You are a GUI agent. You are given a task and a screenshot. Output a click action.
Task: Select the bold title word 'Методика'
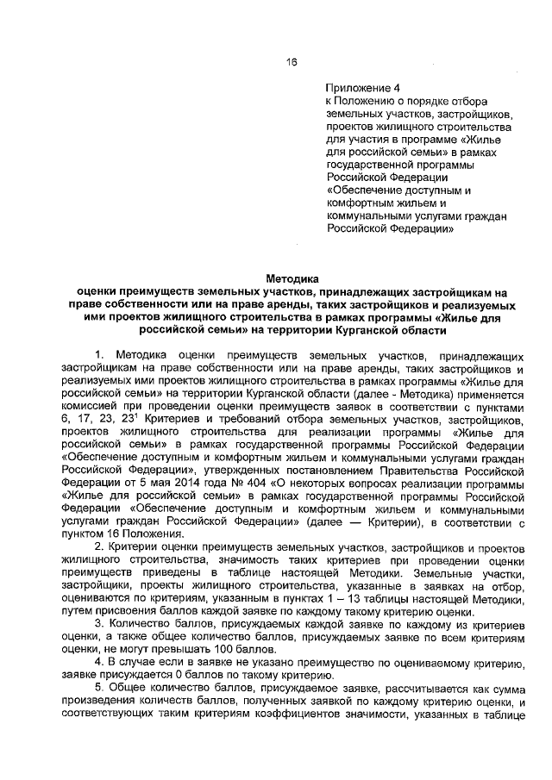[x=290, y=278]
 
